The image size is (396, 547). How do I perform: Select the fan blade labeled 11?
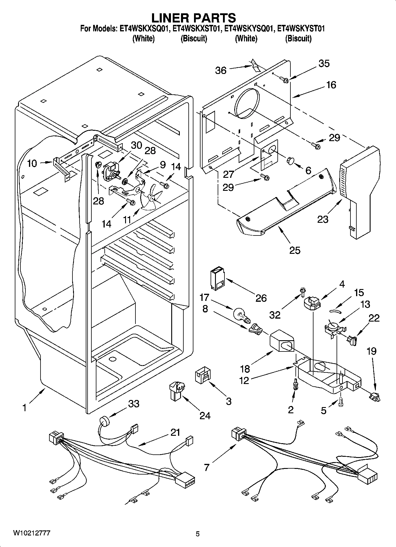point(152,197)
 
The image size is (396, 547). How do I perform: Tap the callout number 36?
point(221,70)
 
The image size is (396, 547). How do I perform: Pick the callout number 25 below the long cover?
point(295,250)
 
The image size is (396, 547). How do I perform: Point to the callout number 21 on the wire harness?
point(175,432)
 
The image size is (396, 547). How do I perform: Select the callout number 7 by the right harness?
point(207,467)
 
